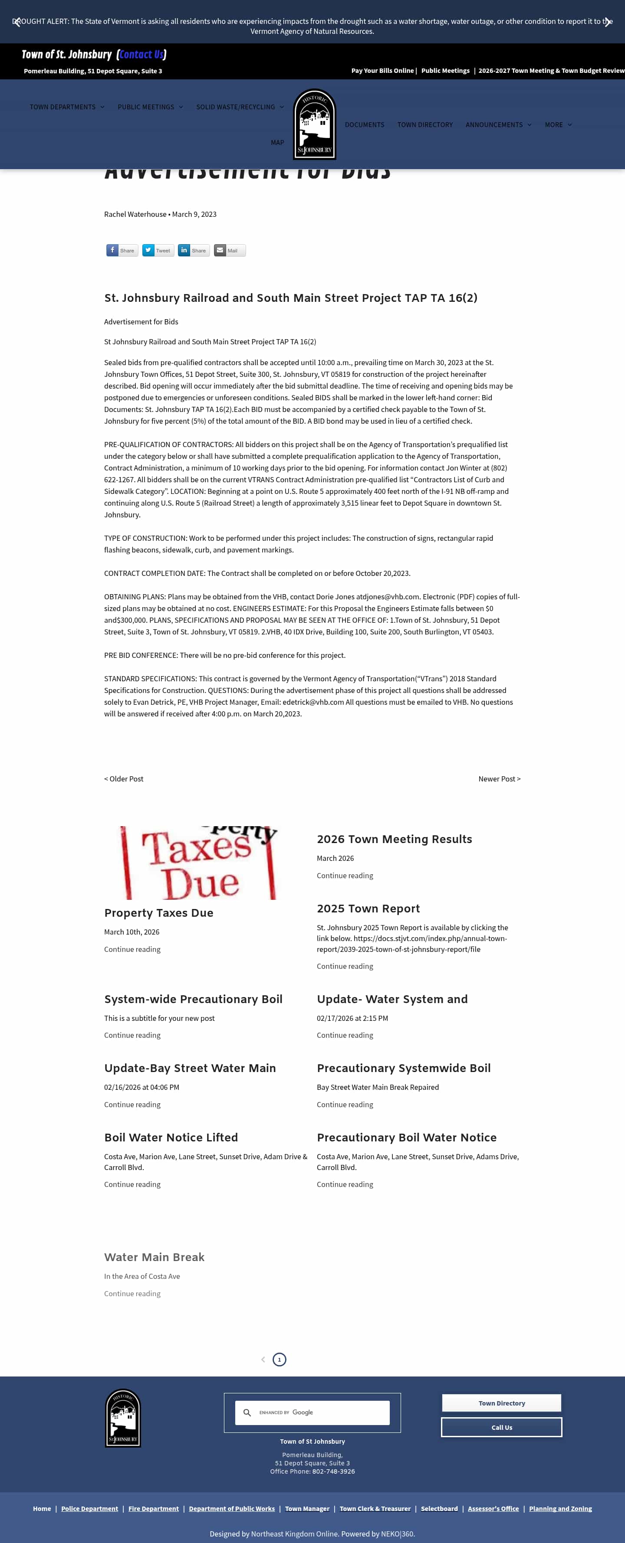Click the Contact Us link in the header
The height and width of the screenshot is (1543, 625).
(x=141, y=55)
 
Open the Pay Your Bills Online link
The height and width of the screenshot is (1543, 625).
(x=382, y=71)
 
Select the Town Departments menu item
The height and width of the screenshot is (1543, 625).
(x=63, y=107)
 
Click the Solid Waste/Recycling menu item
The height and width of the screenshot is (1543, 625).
(x=236, y=107)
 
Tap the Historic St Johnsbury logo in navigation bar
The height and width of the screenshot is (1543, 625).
(x=314, y=124)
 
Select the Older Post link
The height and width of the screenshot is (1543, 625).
(x=124, y=779)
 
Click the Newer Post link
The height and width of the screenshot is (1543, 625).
(x=499, y=779)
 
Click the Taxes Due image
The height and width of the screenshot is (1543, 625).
(x=198, y=863)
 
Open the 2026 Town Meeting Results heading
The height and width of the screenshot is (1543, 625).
(x=394, y=839)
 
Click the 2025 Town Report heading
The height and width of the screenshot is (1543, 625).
(x=368, y=909)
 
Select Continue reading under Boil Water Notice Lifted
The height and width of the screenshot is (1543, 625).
(x=132, y=1184)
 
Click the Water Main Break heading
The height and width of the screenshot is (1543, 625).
(x=154, y=1257)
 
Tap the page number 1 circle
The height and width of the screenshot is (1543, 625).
(x=279, y=1360)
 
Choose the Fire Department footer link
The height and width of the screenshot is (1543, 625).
(x=153, y=1509)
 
